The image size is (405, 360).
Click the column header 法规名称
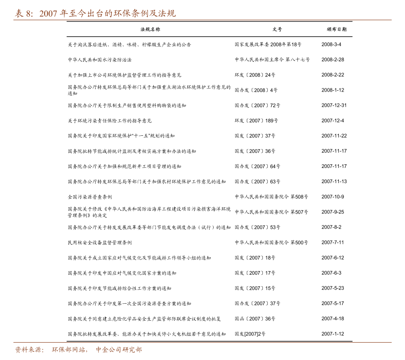(150, 29)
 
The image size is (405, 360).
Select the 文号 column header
(277, 29)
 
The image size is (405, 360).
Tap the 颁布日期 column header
(337, 29)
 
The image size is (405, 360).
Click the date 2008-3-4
(331, 44)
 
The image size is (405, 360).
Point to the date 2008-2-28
(333, 59)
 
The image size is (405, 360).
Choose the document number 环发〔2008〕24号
(255, 75)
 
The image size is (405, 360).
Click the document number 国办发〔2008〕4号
(256, 90)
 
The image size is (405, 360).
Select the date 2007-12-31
(334, 105)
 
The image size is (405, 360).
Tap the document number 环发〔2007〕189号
(256, 121)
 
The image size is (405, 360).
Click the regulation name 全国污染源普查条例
(90, 197)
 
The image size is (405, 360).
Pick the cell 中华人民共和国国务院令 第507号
(271, 212)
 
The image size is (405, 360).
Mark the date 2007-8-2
(331, 227)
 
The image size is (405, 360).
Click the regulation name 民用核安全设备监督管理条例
(100, 243)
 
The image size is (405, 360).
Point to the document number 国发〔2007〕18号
(255, 258)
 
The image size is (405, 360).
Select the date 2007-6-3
(331, 273)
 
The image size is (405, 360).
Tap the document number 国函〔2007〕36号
(255, 319)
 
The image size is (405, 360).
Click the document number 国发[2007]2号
(250, 334)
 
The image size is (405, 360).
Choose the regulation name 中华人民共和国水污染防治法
(100, 60)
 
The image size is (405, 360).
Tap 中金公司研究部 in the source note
(119, 350)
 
